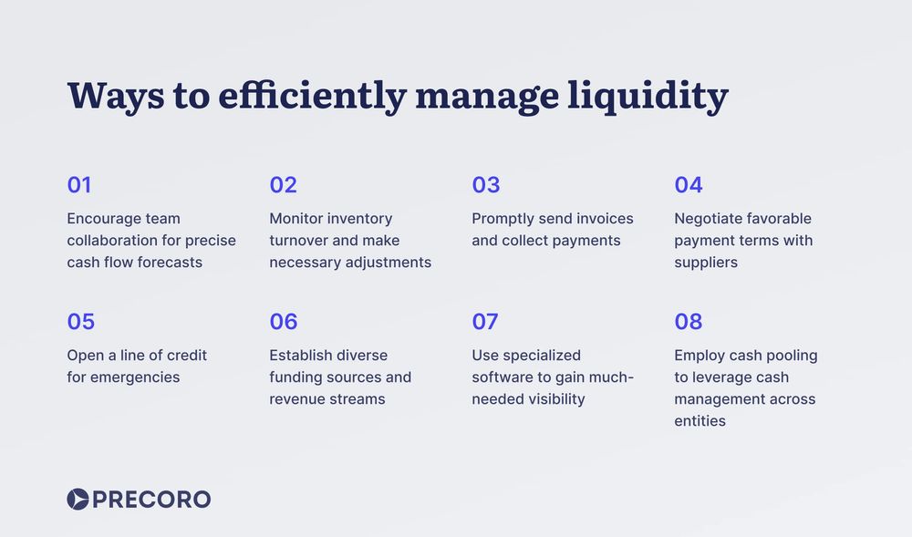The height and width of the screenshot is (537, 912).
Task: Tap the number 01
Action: [x=79, y=185]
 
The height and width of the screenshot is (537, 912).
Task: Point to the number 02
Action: [x=283, y=185]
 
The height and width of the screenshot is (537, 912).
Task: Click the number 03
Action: [x=485, y=185]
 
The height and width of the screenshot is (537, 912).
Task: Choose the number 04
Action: [x=689, y=185]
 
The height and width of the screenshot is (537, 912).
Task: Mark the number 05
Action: [x=80, y=322]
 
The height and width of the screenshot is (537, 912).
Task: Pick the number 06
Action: [x=284, y=322]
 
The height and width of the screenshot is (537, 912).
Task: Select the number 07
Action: [x=485, y=322]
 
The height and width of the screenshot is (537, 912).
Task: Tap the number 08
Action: [x=689, y=322]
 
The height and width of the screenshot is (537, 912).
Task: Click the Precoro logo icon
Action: [x=78, y=499]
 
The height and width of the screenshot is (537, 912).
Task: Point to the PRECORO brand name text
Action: [x=151, y=500]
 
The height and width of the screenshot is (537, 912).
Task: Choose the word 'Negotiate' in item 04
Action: [x=708, y=219]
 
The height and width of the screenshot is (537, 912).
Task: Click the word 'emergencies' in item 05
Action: [x=135, y=377]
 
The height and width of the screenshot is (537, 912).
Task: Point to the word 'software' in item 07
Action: [x=502, y=377]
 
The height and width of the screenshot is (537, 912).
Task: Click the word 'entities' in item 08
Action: [x=700, y=421]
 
